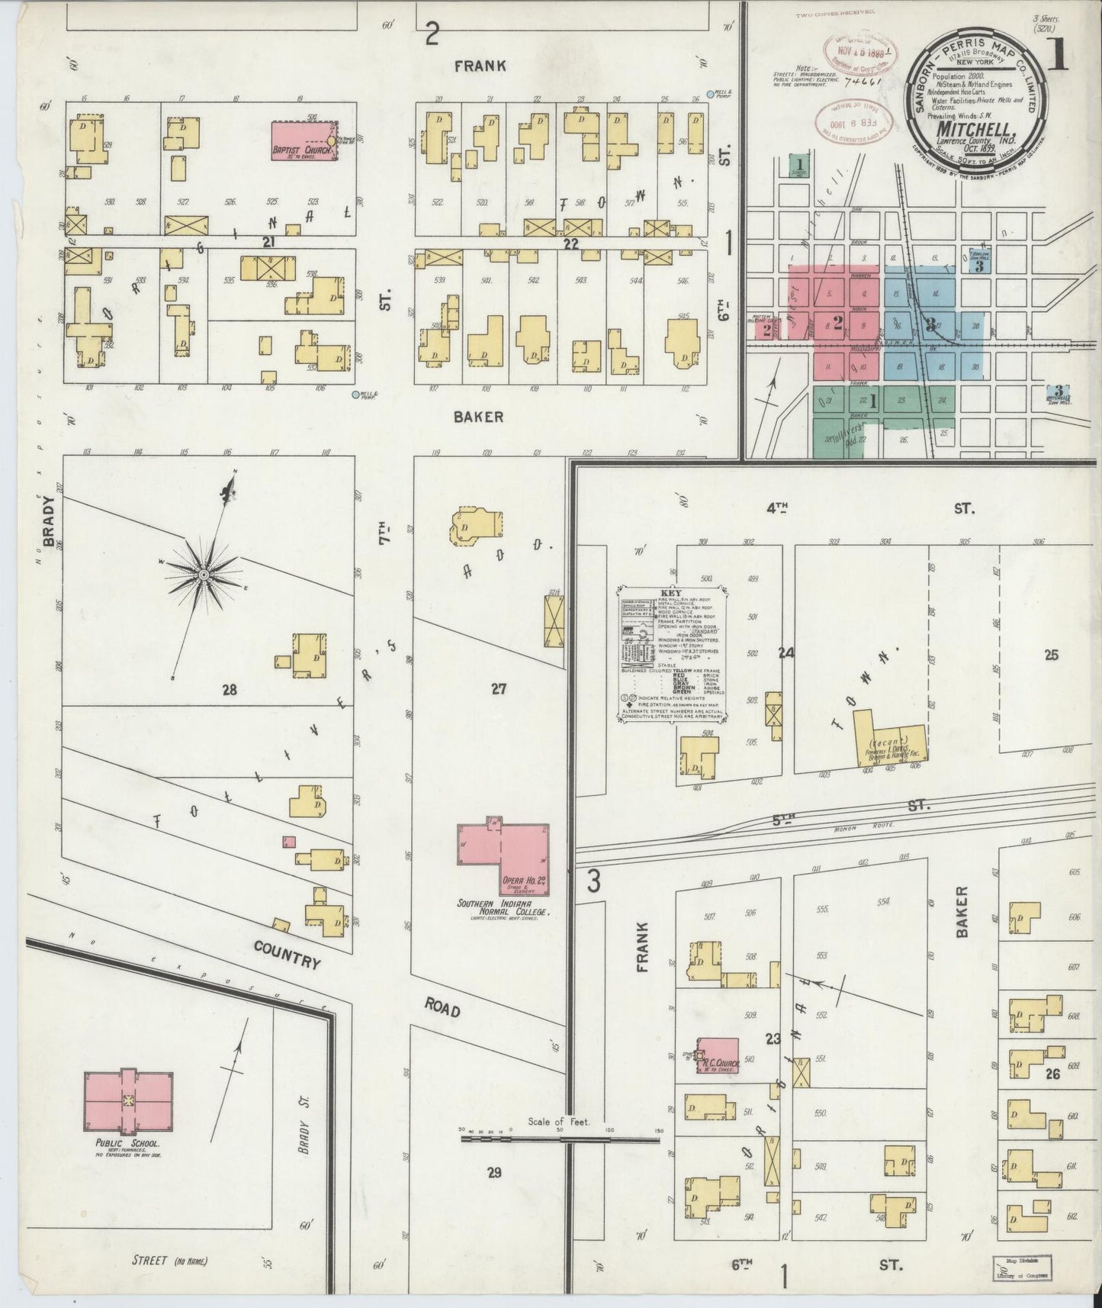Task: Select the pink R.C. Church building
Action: pyautogui.click(x=718, y=1055)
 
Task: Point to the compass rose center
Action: pyautogui.click(x=204, y=574)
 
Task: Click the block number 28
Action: pyautogui.click(x=229, y=690)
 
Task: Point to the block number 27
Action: pyautogui.click(x=498, y=689)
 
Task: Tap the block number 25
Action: pyautogui.click(x=1051, y=655)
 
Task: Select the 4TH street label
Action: pyautogui.click(x=776, y=507)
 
